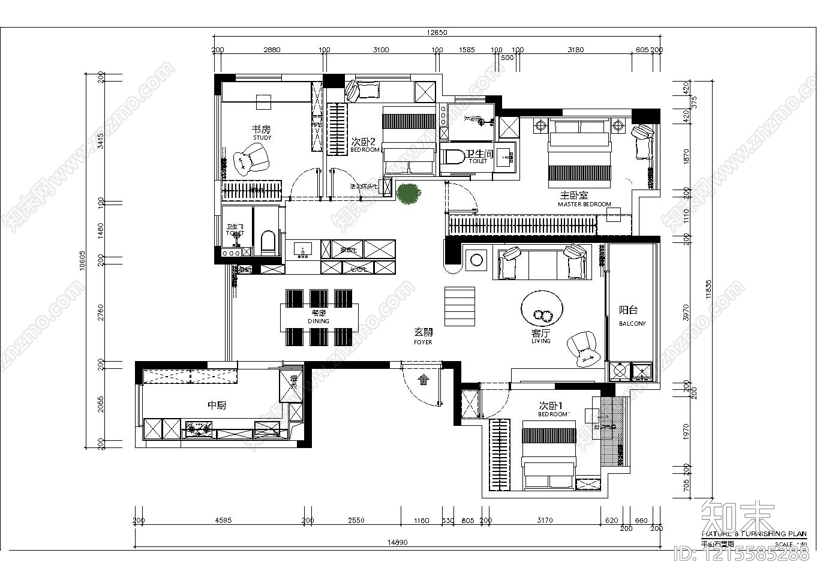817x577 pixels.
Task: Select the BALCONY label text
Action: click(632, 323)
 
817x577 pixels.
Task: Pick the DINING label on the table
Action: click(319, 321)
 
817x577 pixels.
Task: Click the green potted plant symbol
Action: click(408, 194)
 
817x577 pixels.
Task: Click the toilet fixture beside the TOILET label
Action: click(453, 157)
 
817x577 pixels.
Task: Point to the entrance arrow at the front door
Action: click(422, 378)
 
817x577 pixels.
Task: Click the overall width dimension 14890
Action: click(397, 542)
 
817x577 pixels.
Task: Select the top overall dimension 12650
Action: click(437, 32)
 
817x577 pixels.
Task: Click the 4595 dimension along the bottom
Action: click(223, 521)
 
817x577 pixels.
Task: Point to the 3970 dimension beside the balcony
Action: click(686, 312)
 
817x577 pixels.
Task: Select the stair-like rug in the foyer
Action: click(459, 305)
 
